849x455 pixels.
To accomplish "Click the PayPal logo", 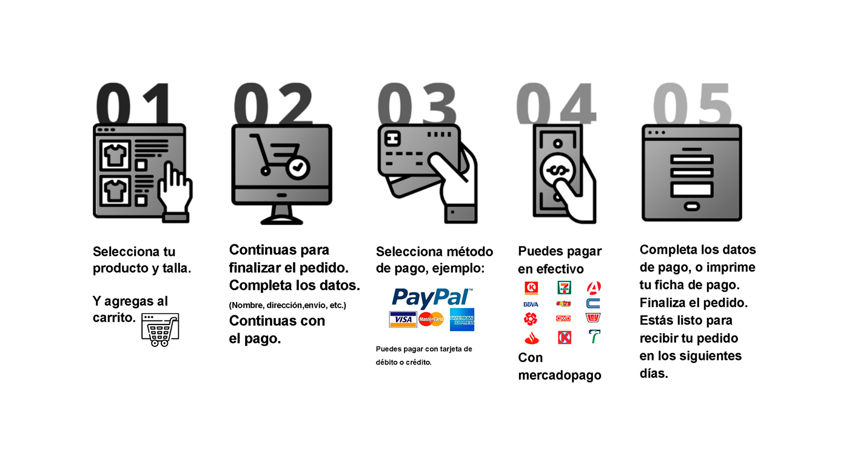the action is [432, 298].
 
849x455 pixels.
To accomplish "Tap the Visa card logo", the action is [403, 319].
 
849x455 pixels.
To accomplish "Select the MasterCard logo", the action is [431, 319].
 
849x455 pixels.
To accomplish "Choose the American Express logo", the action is [461, 319].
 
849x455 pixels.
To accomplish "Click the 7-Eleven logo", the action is [564, 288].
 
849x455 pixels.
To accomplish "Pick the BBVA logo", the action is [531, 304].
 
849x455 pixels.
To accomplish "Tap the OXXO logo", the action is [563, 318].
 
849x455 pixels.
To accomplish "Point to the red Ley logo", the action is [593, 318].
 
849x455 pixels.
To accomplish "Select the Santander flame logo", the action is [531, 337].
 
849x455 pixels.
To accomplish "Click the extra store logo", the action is [563, 303].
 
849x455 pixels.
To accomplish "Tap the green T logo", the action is [594, 336].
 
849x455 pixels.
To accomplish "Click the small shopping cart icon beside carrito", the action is [160, 329].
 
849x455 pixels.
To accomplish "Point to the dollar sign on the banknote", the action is [557, 171].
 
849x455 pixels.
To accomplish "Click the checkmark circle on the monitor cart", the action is [298, 167].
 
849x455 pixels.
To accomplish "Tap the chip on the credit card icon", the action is [392, 138].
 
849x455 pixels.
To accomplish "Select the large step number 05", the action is [692, 104].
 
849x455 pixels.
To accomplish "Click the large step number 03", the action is [417, 104].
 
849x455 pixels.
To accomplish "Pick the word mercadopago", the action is [559, 376].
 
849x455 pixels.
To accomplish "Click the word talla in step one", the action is [176, 268].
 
